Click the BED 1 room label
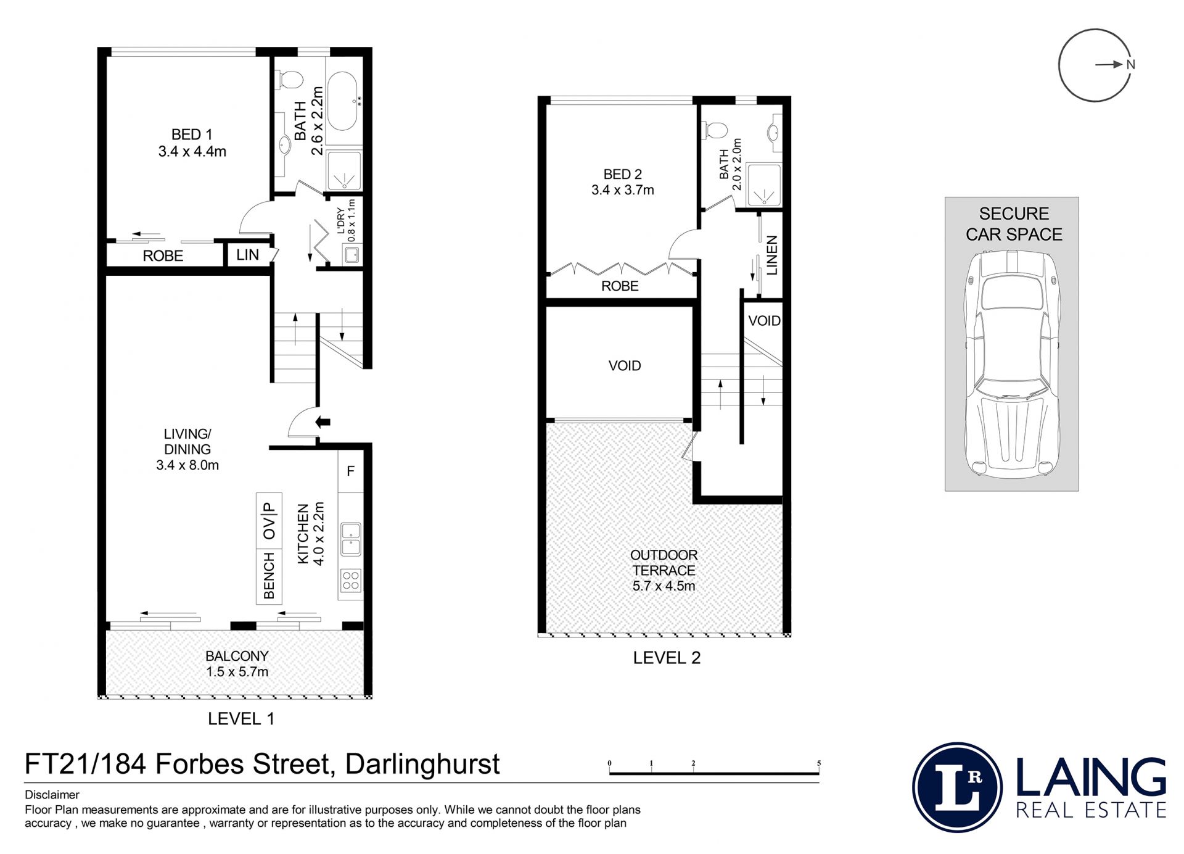pos(192,135)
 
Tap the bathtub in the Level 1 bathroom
pos(342,102)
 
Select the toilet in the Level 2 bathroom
pos(715,130)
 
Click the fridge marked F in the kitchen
pos(350,471)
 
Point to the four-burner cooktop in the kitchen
pos(351,581)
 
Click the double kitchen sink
pos(351,539)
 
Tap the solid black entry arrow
pos(323,423)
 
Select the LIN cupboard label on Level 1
pos(247,255)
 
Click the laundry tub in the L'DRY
pos(352,254)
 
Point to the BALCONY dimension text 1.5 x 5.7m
pos(237,672)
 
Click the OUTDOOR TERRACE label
pos(664,563)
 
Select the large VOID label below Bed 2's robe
pos(625,366)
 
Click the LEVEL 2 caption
pos(667,658)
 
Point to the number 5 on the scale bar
pos(819,763)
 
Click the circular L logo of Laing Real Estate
pos(957,788)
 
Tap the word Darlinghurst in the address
pos(422,764)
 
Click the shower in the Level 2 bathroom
pos(764,185)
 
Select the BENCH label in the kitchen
pos(269,576)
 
